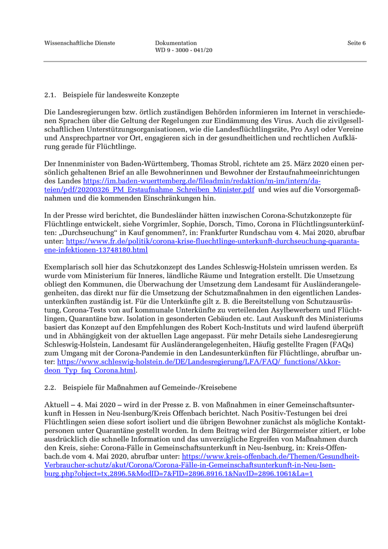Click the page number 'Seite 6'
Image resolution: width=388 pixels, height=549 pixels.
point(356,43)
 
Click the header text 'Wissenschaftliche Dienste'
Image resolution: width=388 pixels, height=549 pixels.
point(80,43)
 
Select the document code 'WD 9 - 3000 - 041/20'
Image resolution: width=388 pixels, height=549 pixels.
point(183,50)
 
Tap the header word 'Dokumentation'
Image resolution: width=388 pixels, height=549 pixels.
point(176,43)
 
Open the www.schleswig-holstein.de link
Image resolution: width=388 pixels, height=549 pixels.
point(200,361)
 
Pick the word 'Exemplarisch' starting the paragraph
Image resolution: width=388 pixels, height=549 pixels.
point(65,267)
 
